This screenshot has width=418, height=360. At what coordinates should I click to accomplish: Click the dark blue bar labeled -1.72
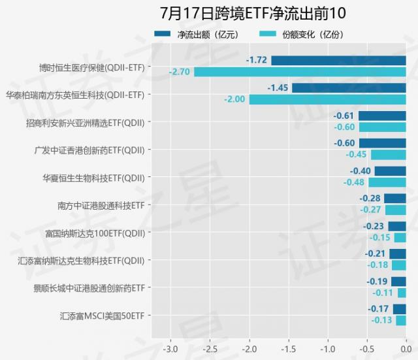[338, 61]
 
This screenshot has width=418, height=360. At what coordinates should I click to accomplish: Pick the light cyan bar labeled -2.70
[300, 72]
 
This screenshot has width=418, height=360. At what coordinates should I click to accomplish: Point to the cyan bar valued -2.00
[327, 99]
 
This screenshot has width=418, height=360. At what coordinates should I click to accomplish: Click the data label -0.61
[344, 116]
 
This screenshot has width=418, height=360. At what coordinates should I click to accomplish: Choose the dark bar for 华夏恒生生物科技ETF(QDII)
[390, 171]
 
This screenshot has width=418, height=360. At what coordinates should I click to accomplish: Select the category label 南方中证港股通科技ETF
[101, 205]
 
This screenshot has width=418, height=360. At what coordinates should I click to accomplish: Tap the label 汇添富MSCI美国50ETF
[102, 316]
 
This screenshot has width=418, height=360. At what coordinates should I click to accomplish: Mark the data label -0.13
[381, 321]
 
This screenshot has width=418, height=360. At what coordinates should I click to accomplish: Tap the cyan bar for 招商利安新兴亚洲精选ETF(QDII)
[382, 127]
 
